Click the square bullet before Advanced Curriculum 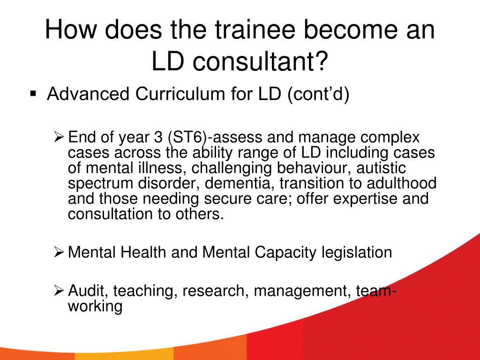tap(33, 93)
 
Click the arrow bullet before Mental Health tap(59, 252)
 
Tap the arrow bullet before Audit tap(59, 290)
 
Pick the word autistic tap(381, 168)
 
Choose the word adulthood tap(402, 183)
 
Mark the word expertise tap(365, 199)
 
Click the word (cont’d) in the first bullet tap(318, 94)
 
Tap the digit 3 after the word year tap(158, 137)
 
